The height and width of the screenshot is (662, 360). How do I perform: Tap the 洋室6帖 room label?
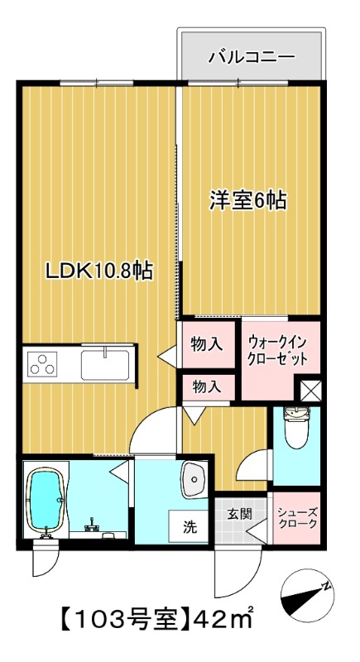coord(247,201)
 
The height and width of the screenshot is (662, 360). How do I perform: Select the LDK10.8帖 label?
coord(100,271)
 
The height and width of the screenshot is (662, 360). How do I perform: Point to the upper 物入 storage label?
coord(207,344)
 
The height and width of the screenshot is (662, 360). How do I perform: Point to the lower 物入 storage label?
coord(207,386)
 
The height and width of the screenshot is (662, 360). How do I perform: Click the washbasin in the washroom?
coord(195,481)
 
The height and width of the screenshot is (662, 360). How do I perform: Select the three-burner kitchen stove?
coord(42,363)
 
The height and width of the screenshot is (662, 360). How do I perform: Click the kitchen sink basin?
coord(105,362)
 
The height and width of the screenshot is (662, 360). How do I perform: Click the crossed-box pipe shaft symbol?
coord(310,390)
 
